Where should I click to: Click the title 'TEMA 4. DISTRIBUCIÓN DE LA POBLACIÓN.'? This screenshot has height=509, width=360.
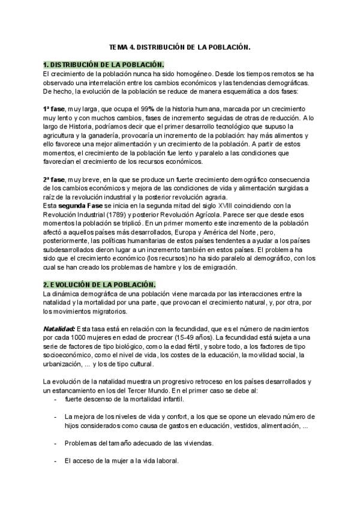(x=179, y=46)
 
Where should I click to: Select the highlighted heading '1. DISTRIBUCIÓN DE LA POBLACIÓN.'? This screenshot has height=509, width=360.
(x=103, y=64)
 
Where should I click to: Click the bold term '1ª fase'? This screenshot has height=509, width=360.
(x=54, y=109)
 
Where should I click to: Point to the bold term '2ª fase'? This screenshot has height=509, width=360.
(x=54, y=180)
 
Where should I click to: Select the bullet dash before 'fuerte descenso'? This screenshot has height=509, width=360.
(x=55, y=399)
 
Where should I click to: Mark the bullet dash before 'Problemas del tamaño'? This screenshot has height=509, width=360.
(x=55, y=443)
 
